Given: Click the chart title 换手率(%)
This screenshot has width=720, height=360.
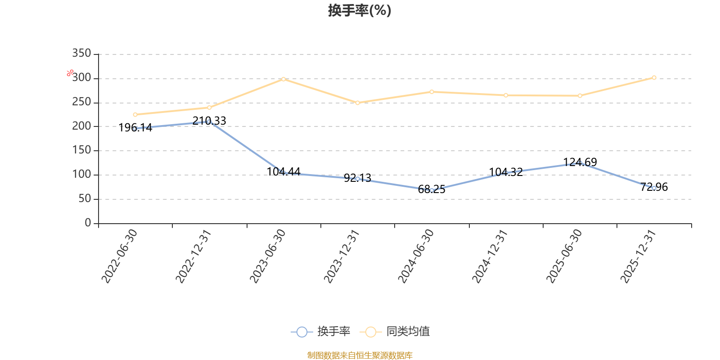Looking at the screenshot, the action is pyautogui.click(x=360, y=11).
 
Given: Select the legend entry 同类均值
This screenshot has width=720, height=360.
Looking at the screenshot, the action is pyautogui.click(x=395, y=331).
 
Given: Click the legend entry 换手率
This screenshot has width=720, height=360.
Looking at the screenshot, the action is pyautogui.click(x=320, y=331).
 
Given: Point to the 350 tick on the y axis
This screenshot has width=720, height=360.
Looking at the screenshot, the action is pyautogui.click(x=81, y=53).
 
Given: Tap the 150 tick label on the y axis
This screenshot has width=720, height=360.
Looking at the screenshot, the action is pyautogui.click(x=81, y=150).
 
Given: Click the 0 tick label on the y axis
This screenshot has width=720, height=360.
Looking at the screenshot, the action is pyautogui.click(x=88, y=223).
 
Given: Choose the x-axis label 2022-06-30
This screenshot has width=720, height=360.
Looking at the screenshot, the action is pyautogui.click(x=119, y=256).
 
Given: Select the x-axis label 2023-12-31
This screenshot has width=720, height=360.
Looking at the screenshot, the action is pyautogui.click(x=342, y=256).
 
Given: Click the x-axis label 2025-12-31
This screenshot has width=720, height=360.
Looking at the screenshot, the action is pyautogui.click(x=638, y=256).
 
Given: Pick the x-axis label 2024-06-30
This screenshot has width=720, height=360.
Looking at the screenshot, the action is pyautogui.click(x=416, y=256).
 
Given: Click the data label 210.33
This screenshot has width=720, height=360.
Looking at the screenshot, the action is pyautogui.click(x=209, y=121).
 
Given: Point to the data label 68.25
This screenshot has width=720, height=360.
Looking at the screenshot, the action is pyautogui.click(x=432, y=189).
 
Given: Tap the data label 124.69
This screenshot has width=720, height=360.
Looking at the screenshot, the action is pyautogui.click(x=580, y=162).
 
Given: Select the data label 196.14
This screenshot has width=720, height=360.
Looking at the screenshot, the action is pyautogui.click(x=135, y=128).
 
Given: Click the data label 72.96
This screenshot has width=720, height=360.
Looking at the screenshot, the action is pyautogui.click(x=654, y=187).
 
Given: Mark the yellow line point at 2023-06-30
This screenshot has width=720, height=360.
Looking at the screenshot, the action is pyautogui.click(x=283, y=79).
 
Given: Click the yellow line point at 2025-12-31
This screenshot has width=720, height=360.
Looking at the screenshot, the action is pyautogui.click(x=654, y=77).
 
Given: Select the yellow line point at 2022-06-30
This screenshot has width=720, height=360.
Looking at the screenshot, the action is pyautogui.click(x=135, y=114).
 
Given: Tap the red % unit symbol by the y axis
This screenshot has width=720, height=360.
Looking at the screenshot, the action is pyautogui.click(x=70, y=73).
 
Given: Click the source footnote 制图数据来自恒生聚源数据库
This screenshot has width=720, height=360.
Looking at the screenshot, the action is pyautogui.click(x=360, y=355).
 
